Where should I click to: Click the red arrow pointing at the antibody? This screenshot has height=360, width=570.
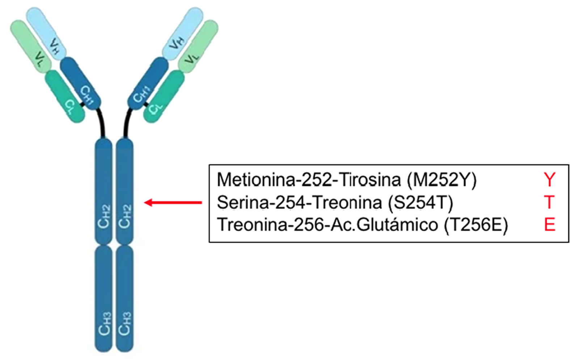click(173, 203)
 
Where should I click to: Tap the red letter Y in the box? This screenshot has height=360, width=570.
click(549, 180)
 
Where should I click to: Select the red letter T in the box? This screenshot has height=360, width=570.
click(549, 202)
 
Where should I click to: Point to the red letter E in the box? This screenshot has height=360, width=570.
click(549, 225)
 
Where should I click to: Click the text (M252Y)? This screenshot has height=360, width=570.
click(442, 180)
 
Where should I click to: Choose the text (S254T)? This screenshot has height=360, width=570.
click(420, 203)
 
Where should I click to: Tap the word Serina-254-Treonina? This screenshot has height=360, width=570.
click(299, 203)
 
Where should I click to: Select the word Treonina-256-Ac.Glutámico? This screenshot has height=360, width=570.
click(327, 225)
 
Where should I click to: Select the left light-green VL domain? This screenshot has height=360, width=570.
click(31, 45)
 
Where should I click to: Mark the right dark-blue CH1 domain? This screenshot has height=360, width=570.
click(148, 83)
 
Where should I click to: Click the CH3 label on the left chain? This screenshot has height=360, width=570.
click(104, 324)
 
